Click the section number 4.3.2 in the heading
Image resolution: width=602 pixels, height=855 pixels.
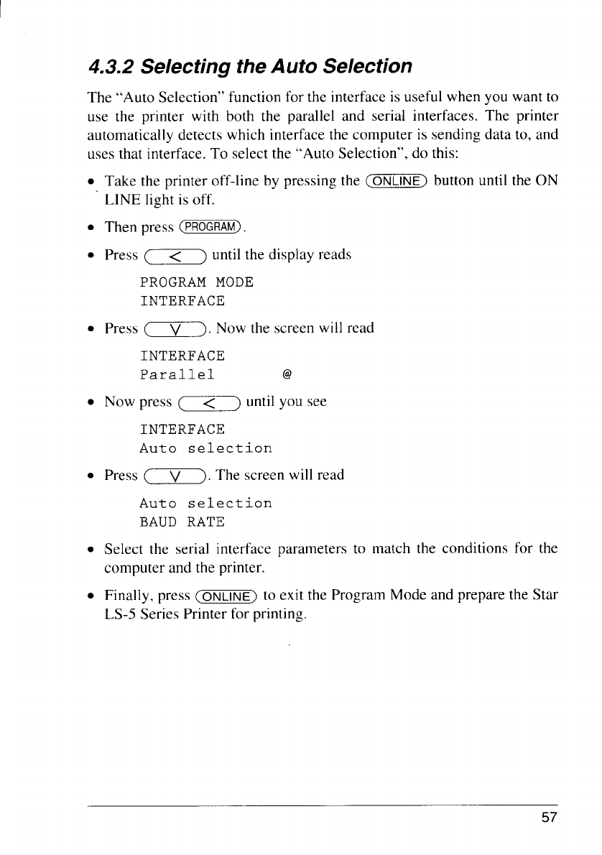click(111, 68)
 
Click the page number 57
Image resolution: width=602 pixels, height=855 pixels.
click(550, 818)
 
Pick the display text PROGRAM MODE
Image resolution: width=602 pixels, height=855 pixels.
click(197, 282)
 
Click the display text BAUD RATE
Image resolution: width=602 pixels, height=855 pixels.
click(182, 522)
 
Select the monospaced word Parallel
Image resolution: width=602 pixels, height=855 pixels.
click(177, 375)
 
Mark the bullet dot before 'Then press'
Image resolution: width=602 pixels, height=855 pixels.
click(91, 228)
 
